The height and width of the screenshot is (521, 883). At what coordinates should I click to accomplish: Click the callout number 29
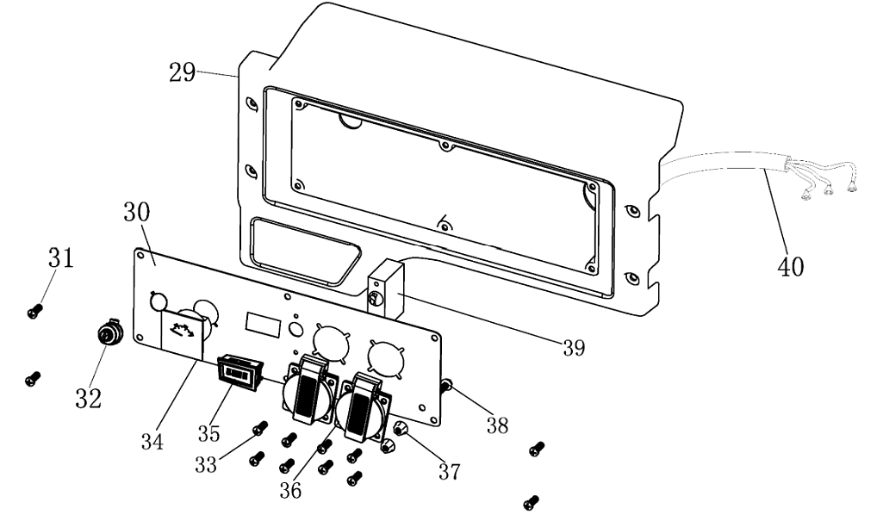tap(182, 72)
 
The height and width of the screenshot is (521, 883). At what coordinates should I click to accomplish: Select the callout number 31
tap(60, 257)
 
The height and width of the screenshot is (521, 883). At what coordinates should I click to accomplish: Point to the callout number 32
tap(90, 398)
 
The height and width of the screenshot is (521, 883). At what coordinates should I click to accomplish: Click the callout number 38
tap(495, 425)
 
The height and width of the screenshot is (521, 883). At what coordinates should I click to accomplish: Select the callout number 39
tap(573, 348)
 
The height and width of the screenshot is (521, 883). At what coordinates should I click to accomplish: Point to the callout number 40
tap(790, 266)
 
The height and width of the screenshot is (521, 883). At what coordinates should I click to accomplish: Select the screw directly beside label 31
tap(34, 312)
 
